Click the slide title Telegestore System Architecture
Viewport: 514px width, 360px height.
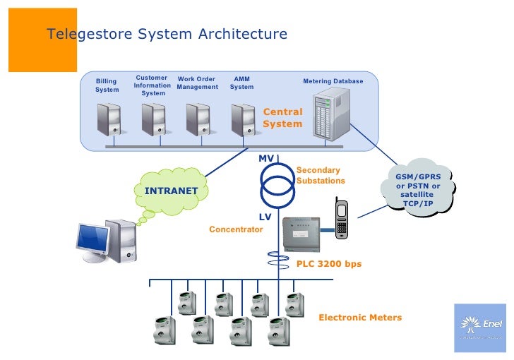pos(167,35)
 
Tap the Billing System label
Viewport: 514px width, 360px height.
pos(107,85)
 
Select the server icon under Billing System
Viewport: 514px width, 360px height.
pos(109,119)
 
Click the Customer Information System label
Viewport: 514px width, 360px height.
pos(152,85)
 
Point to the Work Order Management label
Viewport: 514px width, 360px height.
pos(197,83)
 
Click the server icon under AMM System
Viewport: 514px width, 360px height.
pos(243,119)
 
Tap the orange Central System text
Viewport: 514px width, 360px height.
pos(282,118)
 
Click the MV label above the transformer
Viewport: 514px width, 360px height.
pos(265,158)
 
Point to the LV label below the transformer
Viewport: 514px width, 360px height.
pos(265,217)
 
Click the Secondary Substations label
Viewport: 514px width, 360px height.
pos(321,176)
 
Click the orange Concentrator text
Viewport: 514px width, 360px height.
pos(236,229)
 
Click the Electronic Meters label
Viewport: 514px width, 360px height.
pos(360,318)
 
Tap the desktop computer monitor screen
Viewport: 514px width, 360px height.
pos(92,239)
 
